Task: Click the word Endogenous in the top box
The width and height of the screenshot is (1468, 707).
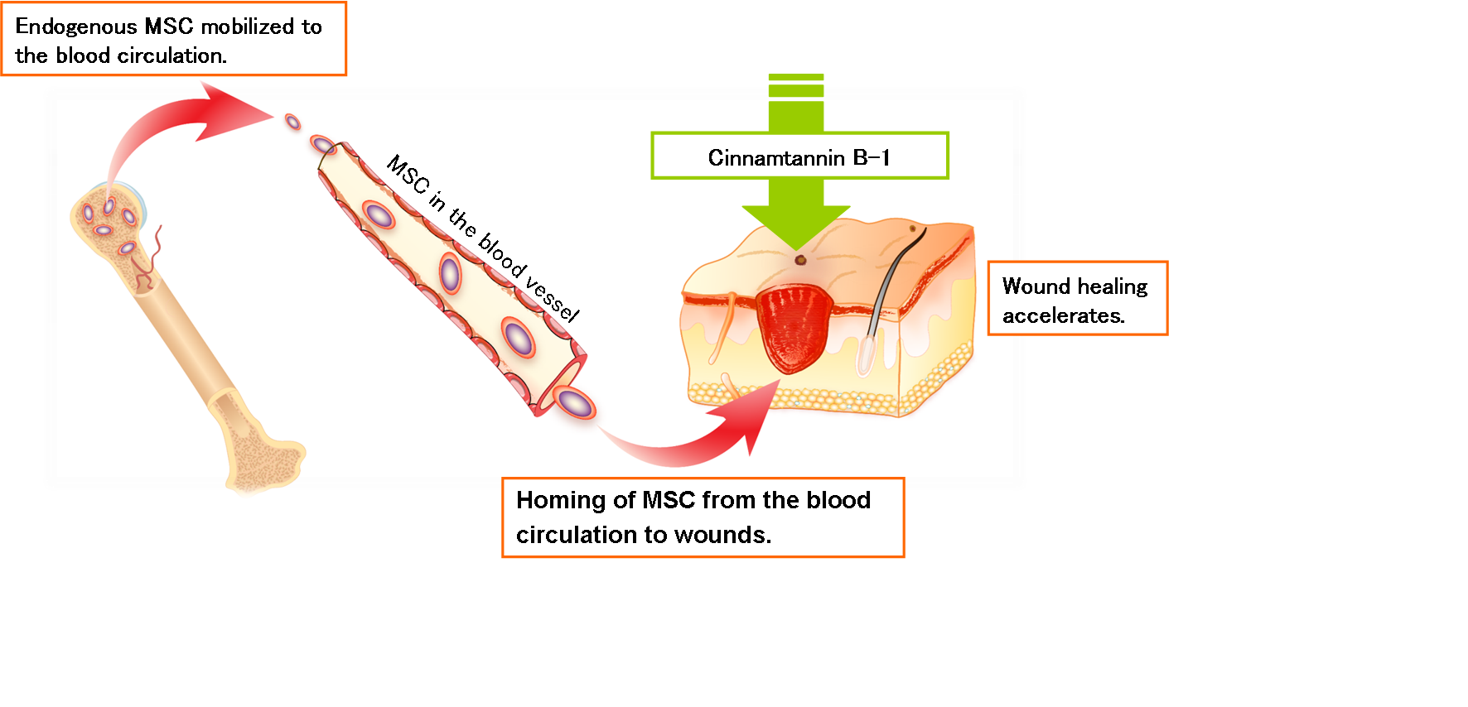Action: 75,27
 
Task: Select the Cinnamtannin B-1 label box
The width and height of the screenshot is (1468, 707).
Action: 799,156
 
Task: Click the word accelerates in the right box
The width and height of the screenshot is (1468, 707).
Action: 1063,316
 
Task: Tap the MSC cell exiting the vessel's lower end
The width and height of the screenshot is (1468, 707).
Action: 573,403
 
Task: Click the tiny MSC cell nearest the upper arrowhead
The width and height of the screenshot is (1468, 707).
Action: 292,123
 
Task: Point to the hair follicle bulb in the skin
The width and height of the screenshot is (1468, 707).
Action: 867,354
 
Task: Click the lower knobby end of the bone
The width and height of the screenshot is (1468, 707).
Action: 265,464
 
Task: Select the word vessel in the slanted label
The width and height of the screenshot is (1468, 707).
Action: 553,299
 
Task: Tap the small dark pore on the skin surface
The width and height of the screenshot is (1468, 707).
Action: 800,260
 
